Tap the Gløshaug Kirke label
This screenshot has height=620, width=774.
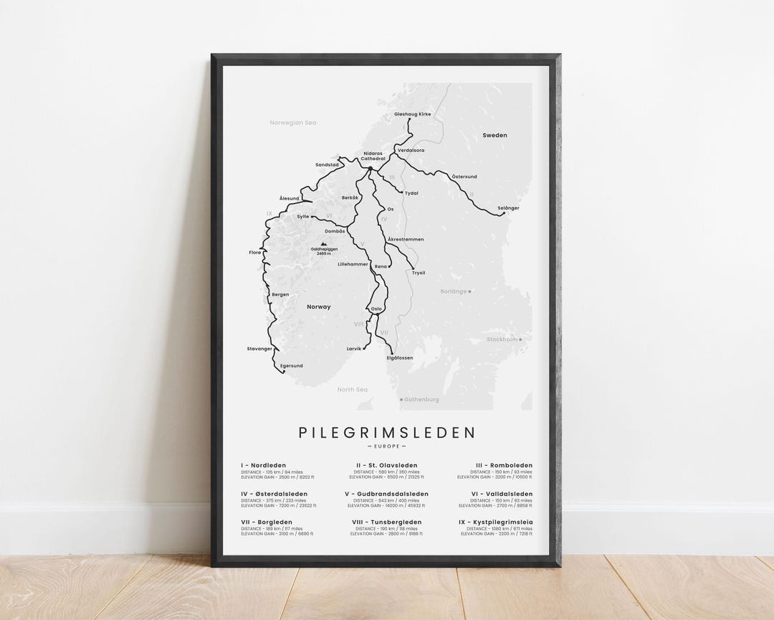point(413,114)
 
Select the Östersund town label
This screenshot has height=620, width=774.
point(464,176)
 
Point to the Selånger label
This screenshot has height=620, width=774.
point(508,207)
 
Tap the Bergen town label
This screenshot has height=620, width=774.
point(280,294)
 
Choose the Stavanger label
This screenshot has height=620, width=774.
point(259,348)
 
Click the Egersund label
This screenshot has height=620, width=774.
point(291,365)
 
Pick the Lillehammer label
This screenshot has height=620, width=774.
point(353,264)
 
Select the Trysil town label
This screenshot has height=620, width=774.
point(419,273)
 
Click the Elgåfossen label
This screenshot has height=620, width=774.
point(399,357)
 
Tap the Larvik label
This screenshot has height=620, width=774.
point(355,348)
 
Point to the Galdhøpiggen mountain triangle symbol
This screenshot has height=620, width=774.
point(313,244)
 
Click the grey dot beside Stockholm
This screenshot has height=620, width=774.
point(521,339)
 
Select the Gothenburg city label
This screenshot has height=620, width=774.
point(421,400)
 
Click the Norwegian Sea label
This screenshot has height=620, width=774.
point(292,123)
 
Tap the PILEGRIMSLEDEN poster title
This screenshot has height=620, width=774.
point(386,432)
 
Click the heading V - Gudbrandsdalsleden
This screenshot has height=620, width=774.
point(386,494)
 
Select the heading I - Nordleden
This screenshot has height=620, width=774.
point(263,466)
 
